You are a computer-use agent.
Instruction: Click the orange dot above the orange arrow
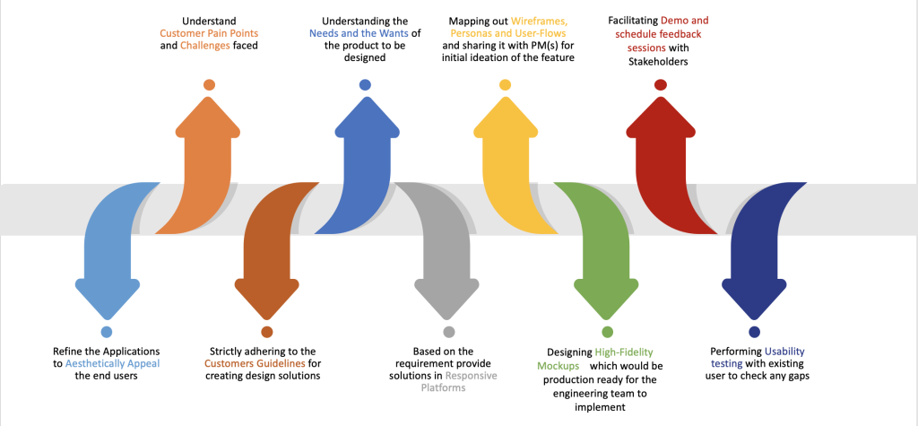tap(209, 85)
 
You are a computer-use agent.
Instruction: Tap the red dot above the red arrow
tap(661, 85)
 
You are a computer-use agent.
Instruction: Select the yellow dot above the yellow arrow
tap(506, 85)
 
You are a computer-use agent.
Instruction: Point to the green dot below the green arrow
tap(607, 332)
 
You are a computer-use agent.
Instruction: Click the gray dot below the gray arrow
tap(449, 332)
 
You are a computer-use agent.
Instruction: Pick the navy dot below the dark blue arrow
tap(754, 332)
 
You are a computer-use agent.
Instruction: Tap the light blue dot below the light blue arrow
tap(106, 332)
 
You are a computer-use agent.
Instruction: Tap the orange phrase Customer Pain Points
tap(209, 33)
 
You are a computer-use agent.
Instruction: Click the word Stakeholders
tap(659, 61)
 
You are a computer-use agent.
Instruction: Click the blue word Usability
tap(784, 352)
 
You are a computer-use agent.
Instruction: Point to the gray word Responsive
tap(471, 376)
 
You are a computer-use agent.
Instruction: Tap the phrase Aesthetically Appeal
tap(112, 363)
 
